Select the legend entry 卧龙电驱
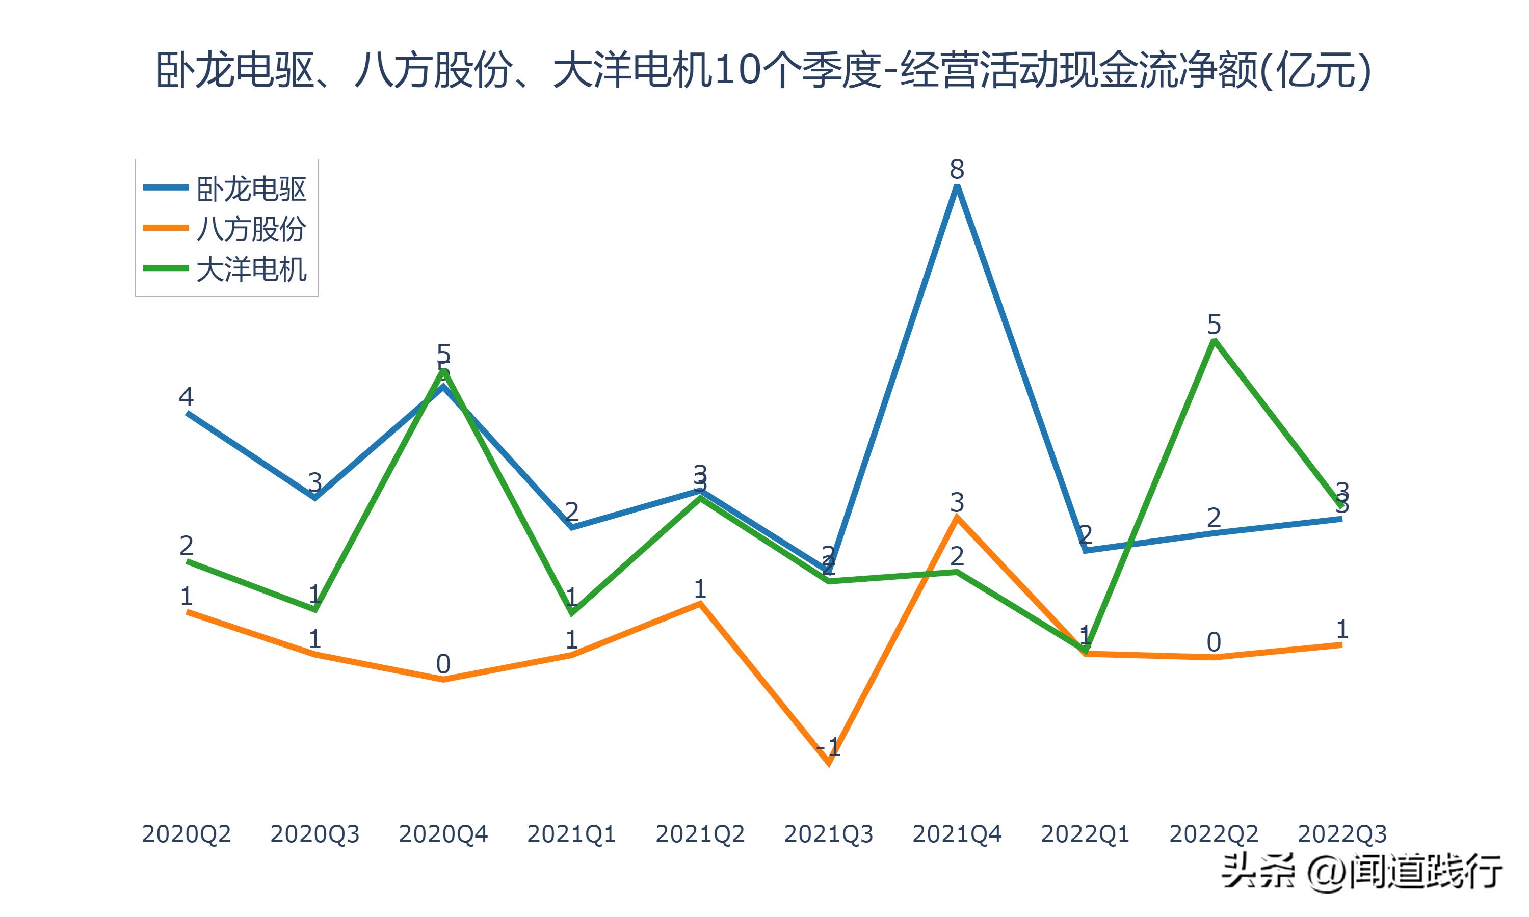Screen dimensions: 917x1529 pos(250,188)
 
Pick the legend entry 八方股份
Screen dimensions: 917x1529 pos(250,229)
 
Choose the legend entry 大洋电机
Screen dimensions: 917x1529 pos(250,269)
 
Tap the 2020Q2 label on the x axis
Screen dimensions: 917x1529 pos(186,834)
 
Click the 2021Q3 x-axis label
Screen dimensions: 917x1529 pos(828,834)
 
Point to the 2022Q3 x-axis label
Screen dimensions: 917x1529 pos(1342,834)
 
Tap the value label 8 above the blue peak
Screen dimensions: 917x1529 pos(957,169)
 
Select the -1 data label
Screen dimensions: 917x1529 pos(828,747)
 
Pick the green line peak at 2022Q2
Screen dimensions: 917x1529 pos(1214,340)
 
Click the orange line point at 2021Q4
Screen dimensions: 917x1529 pos(957,518)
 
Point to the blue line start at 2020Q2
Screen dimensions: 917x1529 pos(187,413)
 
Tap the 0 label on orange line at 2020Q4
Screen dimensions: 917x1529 pos(443,664)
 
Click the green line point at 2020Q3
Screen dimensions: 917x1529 pos(315,610)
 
